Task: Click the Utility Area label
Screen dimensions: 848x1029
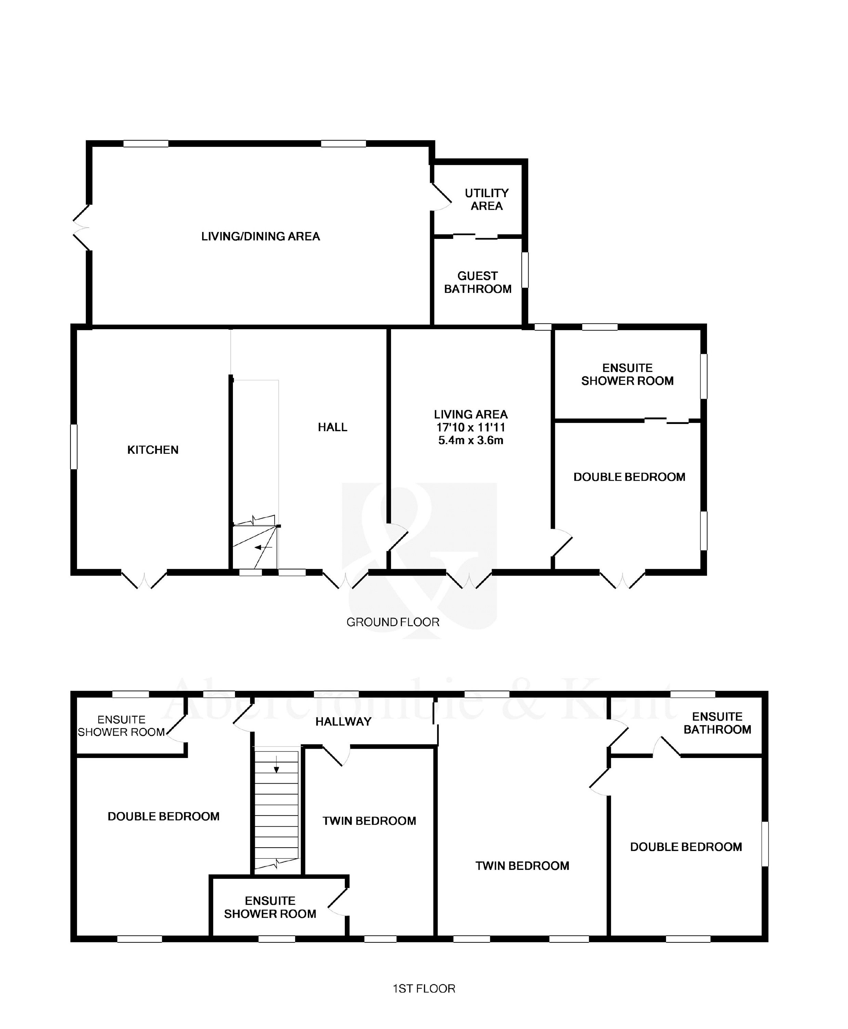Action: (486, 200)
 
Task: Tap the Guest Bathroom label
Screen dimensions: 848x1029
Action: (478, 282)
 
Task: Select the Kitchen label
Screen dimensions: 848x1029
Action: (153, 450)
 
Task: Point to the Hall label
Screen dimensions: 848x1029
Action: (332, 427)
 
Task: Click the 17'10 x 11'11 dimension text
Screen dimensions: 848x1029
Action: (471, 427)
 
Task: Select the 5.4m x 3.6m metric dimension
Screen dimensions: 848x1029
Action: (471, 440)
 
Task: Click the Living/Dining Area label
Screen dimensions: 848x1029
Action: (261, 236)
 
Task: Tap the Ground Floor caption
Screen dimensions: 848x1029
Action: (393, 622)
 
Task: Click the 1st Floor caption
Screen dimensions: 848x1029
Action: (424, 988)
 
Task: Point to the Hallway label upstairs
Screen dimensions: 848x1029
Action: (343, 721)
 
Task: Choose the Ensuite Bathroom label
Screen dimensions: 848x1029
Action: (717, 723)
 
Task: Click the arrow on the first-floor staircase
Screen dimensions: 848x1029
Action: (276, 764)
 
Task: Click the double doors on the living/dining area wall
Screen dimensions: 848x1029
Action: (81, 228)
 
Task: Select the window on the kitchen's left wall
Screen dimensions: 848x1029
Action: (74, 447)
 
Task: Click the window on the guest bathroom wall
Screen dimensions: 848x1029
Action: (525, 270)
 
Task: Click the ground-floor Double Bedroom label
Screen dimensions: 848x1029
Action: (629, 477)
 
